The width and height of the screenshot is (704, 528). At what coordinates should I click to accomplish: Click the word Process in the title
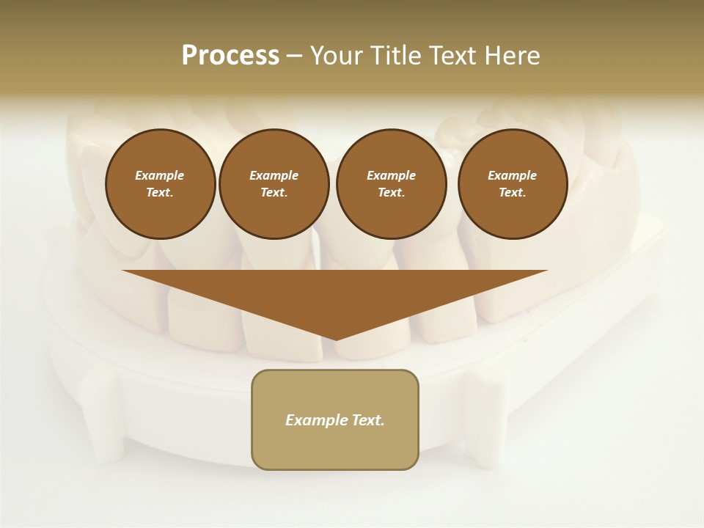click(x=230, y=56)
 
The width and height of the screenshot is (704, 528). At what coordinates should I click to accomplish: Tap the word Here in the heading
click(x=511, y=56)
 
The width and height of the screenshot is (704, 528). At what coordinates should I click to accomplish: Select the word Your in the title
click(x=336, y=56)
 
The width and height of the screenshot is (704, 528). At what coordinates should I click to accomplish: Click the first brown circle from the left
click(x=160, y=184)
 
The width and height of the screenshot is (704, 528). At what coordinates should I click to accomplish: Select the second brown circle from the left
click(x=274, y=184)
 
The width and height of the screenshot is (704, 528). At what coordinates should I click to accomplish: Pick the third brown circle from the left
click(x=392, y=184)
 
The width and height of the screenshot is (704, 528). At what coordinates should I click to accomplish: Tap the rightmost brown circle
click(x=513, y=184)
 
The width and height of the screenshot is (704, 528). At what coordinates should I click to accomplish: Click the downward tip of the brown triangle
click(x=336, y=339)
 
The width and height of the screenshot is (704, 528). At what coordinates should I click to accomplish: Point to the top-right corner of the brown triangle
click(x=546, y=271)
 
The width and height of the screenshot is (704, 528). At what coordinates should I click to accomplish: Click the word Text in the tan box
click(x=367, y=420)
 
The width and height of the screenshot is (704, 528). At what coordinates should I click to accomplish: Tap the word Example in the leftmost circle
click(x=160, y=175)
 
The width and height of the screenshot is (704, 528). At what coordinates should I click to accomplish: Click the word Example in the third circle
click(x=392, y=175)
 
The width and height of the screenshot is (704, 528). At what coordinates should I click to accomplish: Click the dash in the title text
click(x=295, y=56)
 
